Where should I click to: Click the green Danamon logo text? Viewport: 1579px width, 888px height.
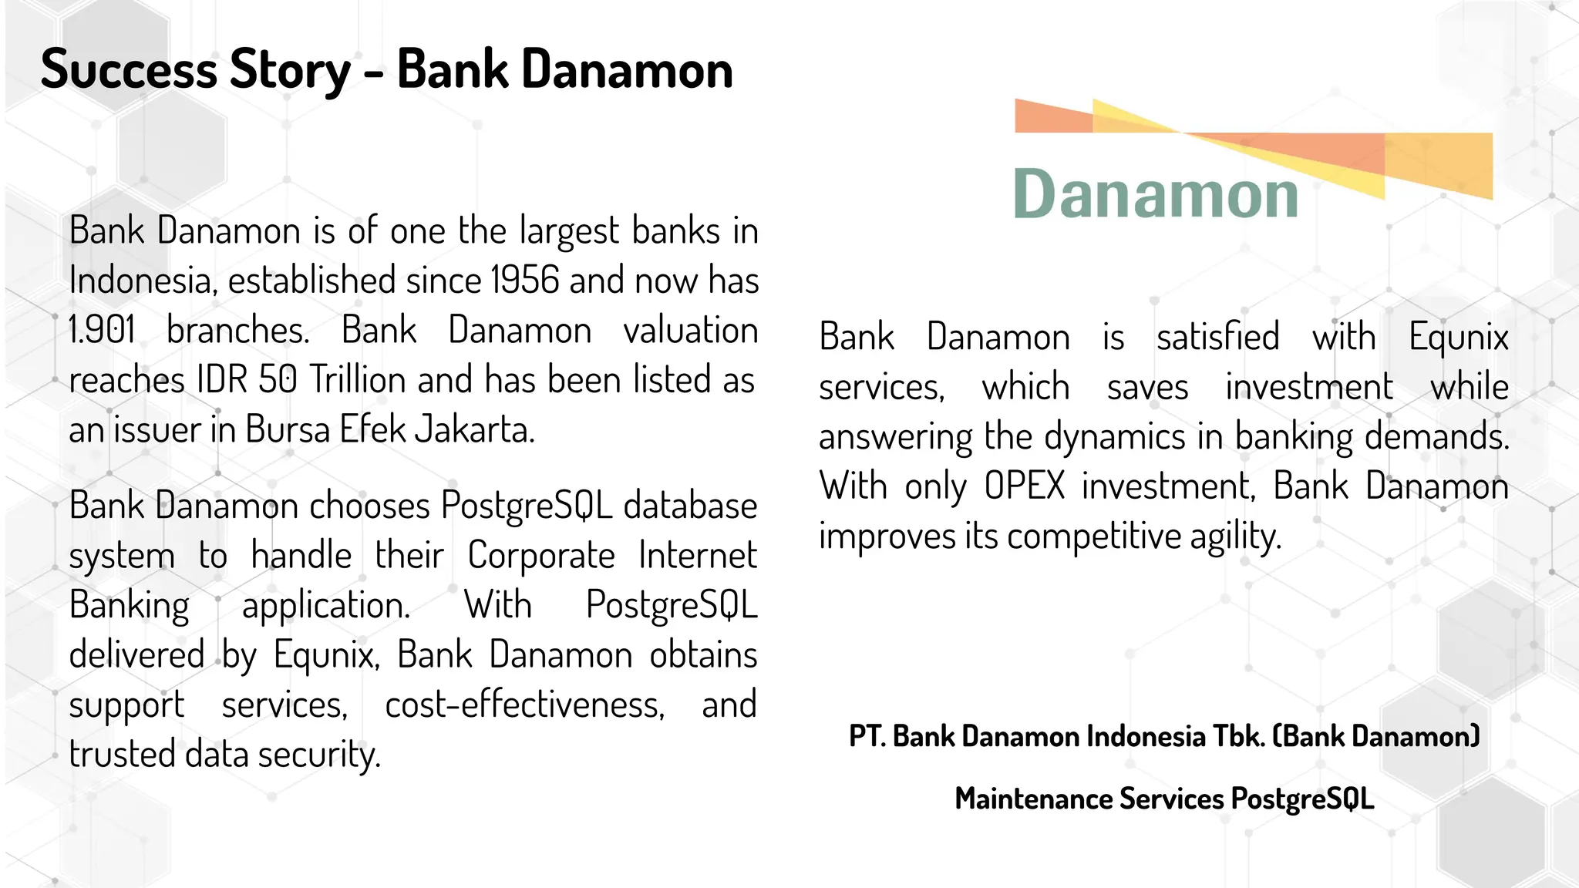pyautogui.click(x=1156, y=194)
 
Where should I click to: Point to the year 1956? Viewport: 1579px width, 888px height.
pyautogui.click(x=524, y=280)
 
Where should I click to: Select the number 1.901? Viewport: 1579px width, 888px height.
pyautogui.click(x=102, y=331)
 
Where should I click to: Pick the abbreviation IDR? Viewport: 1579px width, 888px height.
pyautogui.click(x=223, y=380)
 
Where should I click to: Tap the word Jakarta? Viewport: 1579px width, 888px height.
pyautogui.click(x=474, y=429)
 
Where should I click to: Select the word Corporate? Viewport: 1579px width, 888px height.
pyautogui.click(x=541, y=555)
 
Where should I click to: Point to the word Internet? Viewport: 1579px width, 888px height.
pyautogui.click(x=698, y=555)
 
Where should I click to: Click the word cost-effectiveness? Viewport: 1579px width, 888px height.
pyautogui.click(x=524, y=705)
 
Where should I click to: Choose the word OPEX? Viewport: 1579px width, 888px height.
pyautogui.click(x=1025, y=486)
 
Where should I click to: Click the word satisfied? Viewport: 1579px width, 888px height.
pyautogui.click(x=1218, y=337)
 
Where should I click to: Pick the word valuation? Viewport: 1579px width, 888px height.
pyautogui.click(x=690, y=331)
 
